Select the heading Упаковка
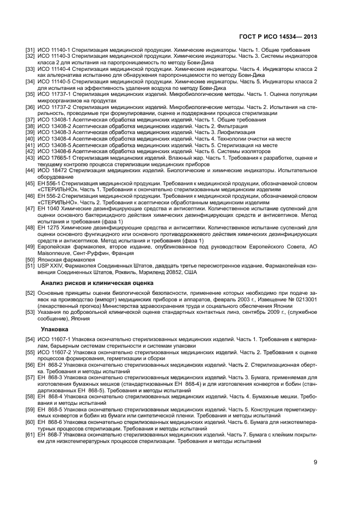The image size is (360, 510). [55, 330]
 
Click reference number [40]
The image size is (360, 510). [31, 138]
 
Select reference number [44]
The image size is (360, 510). [31, 171]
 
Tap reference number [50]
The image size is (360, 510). [31, 260]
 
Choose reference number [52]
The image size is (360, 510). [31, 293]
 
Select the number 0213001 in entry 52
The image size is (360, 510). [301, 300]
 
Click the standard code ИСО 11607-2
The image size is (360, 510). [57, 352]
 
